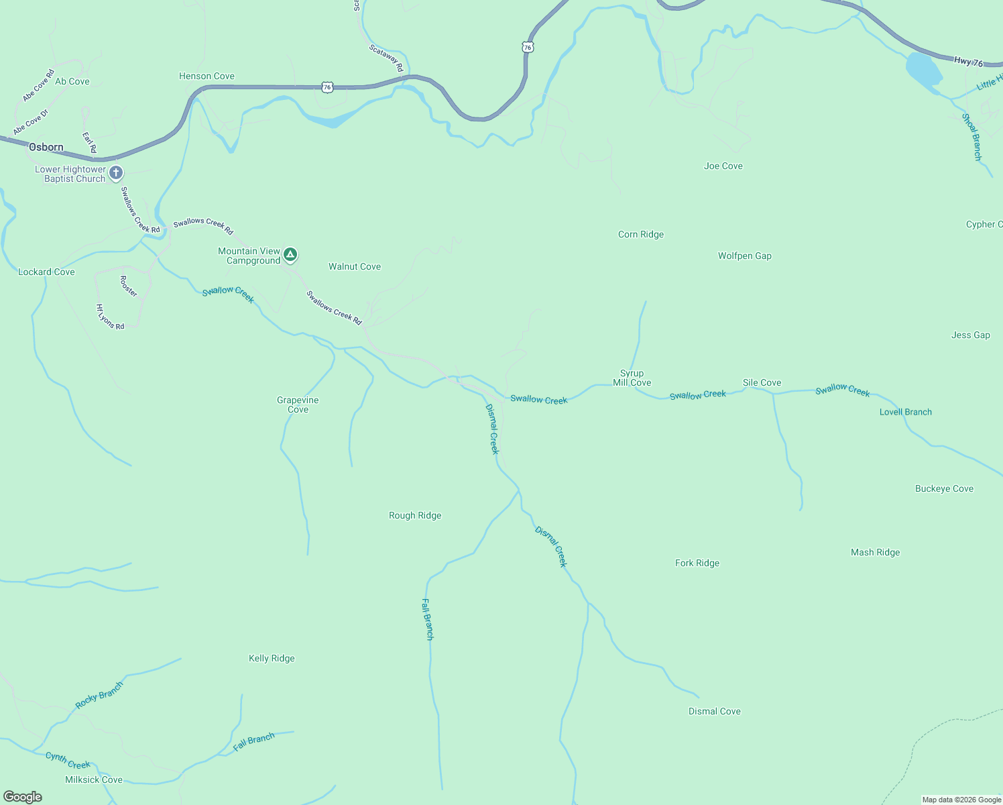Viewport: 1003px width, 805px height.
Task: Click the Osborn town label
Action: (46, 147)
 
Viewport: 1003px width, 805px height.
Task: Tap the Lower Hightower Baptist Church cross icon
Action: (116, 173)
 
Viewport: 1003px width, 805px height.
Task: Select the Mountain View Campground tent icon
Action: (290, 254)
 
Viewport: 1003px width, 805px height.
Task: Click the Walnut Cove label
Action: (354, 266)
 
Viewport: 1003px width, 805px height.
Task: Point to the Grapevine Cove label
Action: (298, 405)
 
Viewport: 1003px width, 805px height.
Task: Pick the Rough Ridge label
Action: (415, 515)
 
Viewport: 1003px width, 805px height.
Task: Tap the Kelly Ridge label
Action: (272, 658)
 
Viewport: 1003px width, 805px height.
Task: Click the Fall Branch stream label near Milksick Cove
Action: (253, 741)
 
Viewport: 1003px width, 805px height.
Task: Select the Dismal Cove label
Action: (714, 711)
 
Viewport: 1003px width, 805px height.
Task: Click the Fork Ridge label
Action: (697, 563)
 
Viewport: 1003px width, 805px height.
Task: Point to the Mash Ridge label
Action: (875, 552)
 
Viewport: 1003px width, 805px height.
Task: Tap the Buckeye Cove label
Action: (944, 488)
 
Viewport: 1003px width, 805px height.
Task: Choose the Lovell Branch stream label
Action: (905, 412)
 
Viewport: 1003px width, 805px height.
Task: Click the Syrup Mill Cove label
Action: (632, 378)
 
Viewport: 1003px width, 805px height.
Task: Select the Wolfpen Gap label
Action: (744, 256)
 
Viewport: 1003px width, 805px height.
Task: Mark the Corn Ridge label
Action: (640, 234)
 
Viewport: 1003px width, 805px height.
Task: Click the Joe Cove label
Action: (723, 166)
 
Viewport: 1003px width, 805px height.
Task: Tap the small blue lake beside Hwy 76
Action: (923, 71)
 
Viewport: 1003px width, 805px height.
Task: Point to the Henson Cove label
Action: (206, 76)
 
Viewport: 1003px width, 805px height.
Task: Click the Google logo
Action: (23, 797)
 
